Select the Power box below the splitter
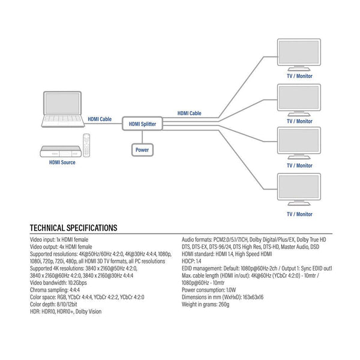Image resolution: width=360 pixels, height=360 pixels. (x=142, y=149)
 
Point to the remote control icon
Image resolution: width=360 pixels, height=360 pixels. (x=88, y=145)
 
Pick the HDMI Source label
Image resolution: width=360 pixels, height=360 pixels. (x=62, y=162)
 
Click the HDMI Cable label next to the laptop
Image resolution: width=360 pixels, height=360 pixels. (x=100, y=119)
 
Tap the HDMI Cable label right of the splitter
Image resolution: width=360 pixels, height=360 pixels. (x=189, y=113)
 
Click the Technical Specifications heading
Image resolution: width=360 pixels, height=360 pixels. (x=73, y=228)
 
